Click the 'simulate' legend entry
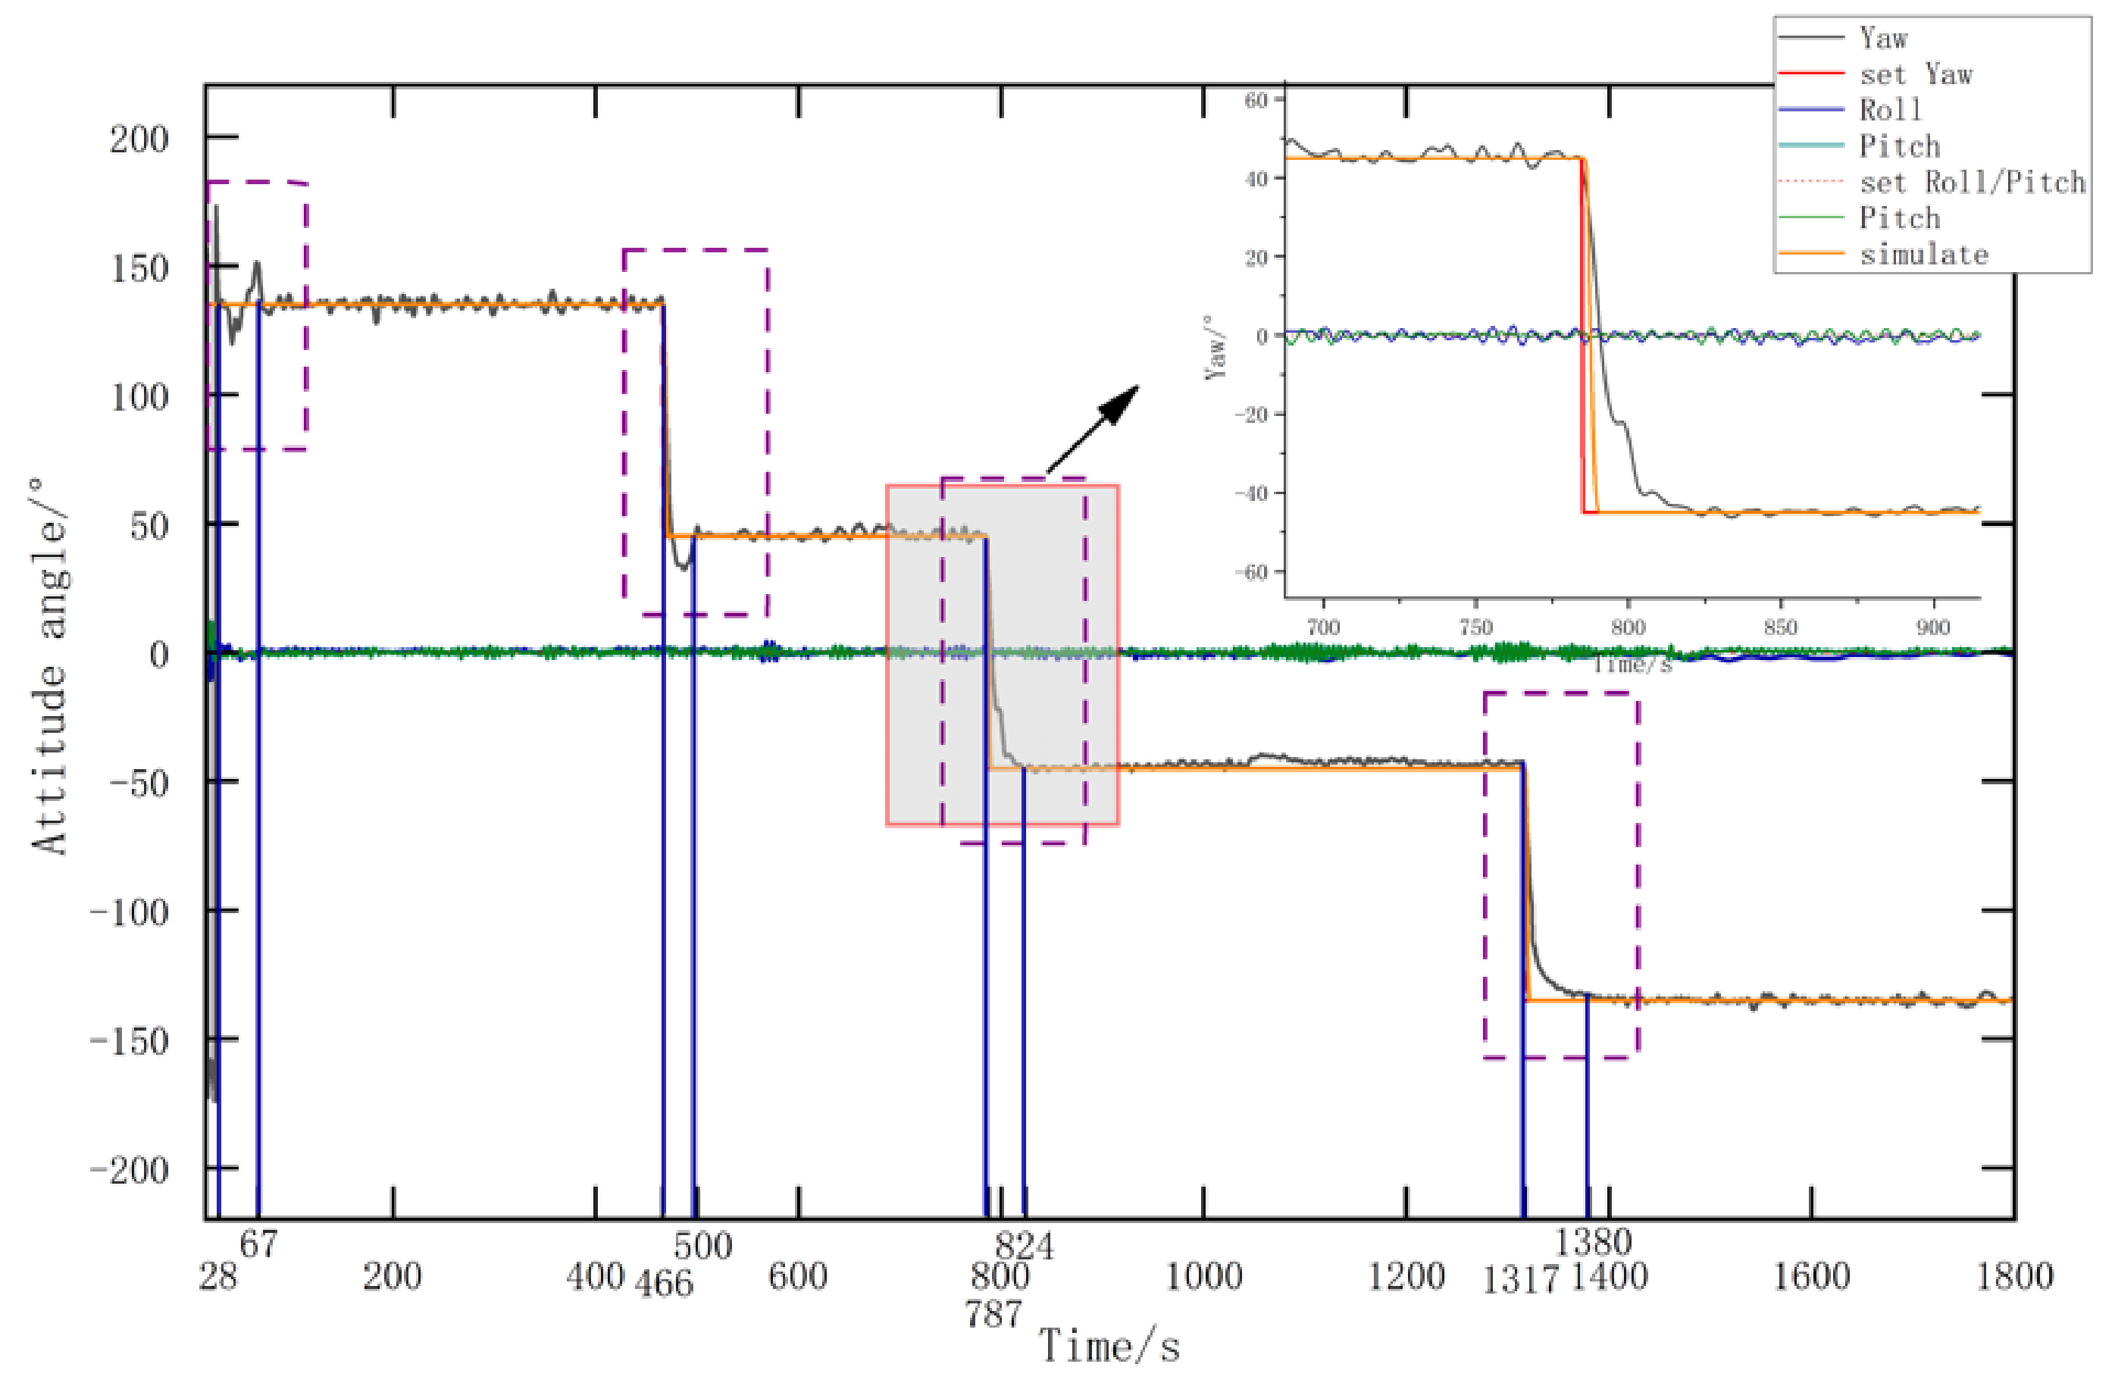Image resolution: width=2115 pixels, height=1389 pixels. click(1924, 255)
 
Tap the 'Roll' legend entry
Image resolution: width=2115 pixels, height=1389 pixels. click(1890, 110)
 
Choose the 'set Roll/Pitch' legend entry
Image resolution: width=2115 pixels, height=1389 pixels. click(1972, 182)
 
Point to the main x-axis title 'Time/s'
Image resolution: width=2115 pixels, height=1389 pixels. click(1110, 1347)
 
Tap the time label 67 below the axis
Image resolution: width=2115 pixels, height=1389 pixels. click(258, 1244)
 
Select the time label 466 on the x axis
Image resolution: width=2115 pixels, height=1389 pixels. click(664, 1283)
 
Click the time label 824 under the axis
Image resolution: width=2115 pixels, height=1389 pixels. click(1025, 1246)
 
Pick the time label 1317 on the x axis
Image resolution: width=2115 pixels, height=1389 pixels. click(1520, 1281)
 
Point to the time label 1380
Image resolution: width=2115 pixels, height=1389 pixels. click(1592, 1241)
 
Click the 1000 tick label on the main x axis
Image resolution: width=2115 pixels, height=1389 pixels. click(1203, 1277)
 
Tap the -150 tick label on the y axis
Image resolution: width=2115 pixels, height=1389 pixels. click(130, 1040)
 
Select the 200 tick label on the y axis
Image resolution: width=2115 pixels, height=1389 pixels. click(139, 139)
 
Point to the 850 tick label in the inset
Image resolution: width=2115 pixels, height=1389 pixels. click(1780, 627)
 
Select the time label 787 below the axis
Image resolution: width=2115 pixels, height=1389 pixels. click(994, 1313)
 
